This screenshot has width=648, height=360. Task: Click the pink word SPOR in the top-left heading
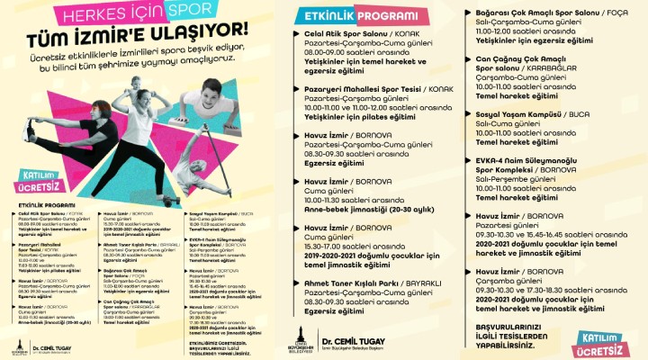tap(192, 13)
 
